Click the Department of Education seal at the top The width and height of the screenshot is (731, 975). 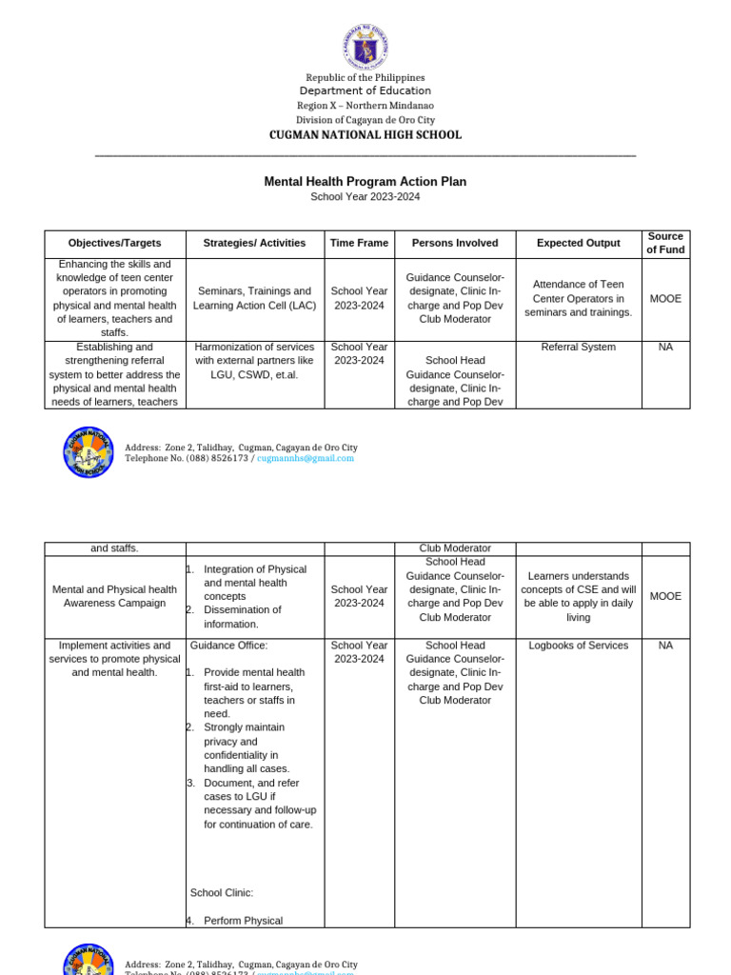coord(365,46)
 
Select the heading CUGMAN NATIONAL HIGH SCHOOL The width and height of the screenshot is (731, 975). coord(365,135)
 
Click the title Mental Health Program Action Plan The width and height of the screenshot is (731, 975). coord(365,181)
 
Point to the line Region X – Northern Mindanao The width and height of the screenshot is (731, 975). coord(365,106)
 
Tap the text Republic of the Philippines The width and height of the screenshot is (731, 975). coord(365,77)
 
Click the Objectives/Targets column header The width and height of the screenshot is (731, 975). coord(115,243)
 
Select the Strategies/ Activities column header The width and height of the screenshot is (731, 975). coord(254,243)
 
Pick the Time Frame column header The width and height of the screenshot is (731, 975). coord(359,243)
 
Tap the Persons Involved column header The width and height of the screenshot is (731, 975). coord(455,243)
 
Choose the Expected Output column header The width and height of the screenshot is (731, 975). coord(578,243)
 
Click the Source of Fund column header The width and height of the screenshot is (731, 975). coord(665,243)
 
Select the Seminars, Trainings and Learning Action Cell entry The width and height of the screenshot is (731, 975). coord(254,298)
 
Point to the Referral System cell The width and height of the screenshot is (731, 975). coord(578,348)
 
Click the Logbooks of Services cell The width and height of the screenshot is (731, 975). coord(578,646)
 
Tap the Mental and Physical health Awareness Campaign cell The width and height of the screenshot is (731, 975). coord(114,596)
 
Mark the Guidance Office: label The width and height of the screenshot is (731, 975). coord(229,646)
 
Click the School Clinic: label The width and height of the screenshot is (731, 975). coord(222,893)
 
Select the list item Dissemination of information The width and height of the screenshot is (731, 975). coord(243,617)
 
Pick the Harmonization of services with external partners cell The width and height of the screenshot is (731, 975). coord(254,361)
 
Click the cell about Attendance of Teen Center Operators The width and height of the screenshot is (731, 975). coord(578,298)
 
